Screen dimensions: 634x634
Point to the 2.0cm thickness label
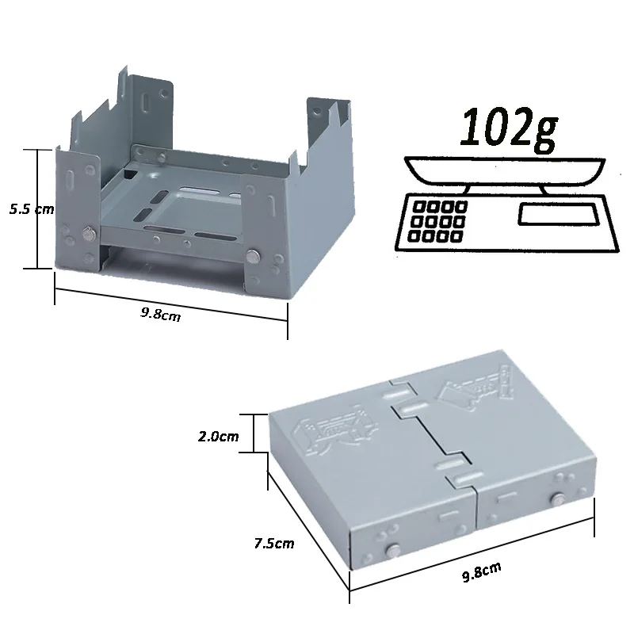click(x=219, y=437)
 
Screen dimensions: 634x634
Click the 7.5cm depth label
click(x=274, y=543)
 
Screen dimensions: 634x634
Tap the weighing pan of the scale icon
click(x=504, y=169)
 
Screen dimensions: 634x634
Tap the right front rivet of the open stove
click(x=254, y=255)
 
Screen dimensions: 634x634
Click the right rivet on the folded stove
click(x=557, y=500)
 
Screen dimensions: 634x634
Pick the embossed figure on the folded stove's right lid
click(x=474, y=388)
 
